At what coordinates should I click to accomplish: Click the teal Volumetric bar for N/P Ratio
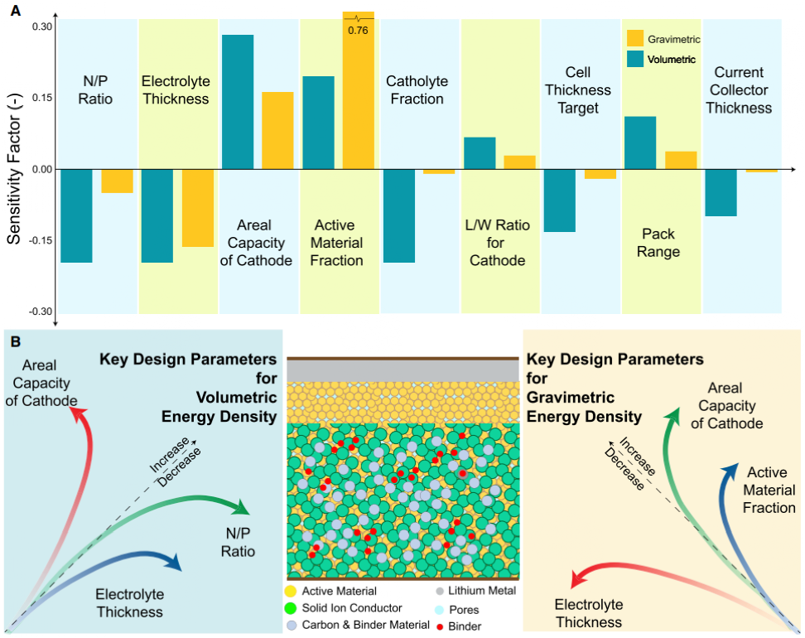point(76,215)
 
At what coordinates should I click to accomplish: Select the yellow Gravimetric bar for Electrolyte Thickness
point(198,207)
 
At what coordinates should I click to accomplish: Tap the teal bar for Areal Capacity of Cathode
point(238,102)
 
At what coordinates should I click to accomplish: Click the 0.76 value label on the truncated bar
point(359,31)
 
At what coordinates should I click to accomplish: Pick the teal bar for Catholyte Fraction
point(399,215)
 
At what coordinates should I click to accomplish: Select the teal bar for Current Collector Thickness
point(721,192)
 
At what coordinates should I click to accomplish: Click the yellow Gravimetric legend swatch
point(636,38)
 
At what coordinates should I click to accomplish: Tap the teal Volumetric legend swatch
point(636,59)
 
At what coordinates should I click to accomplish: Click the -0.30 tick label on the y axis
point(39,311)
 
